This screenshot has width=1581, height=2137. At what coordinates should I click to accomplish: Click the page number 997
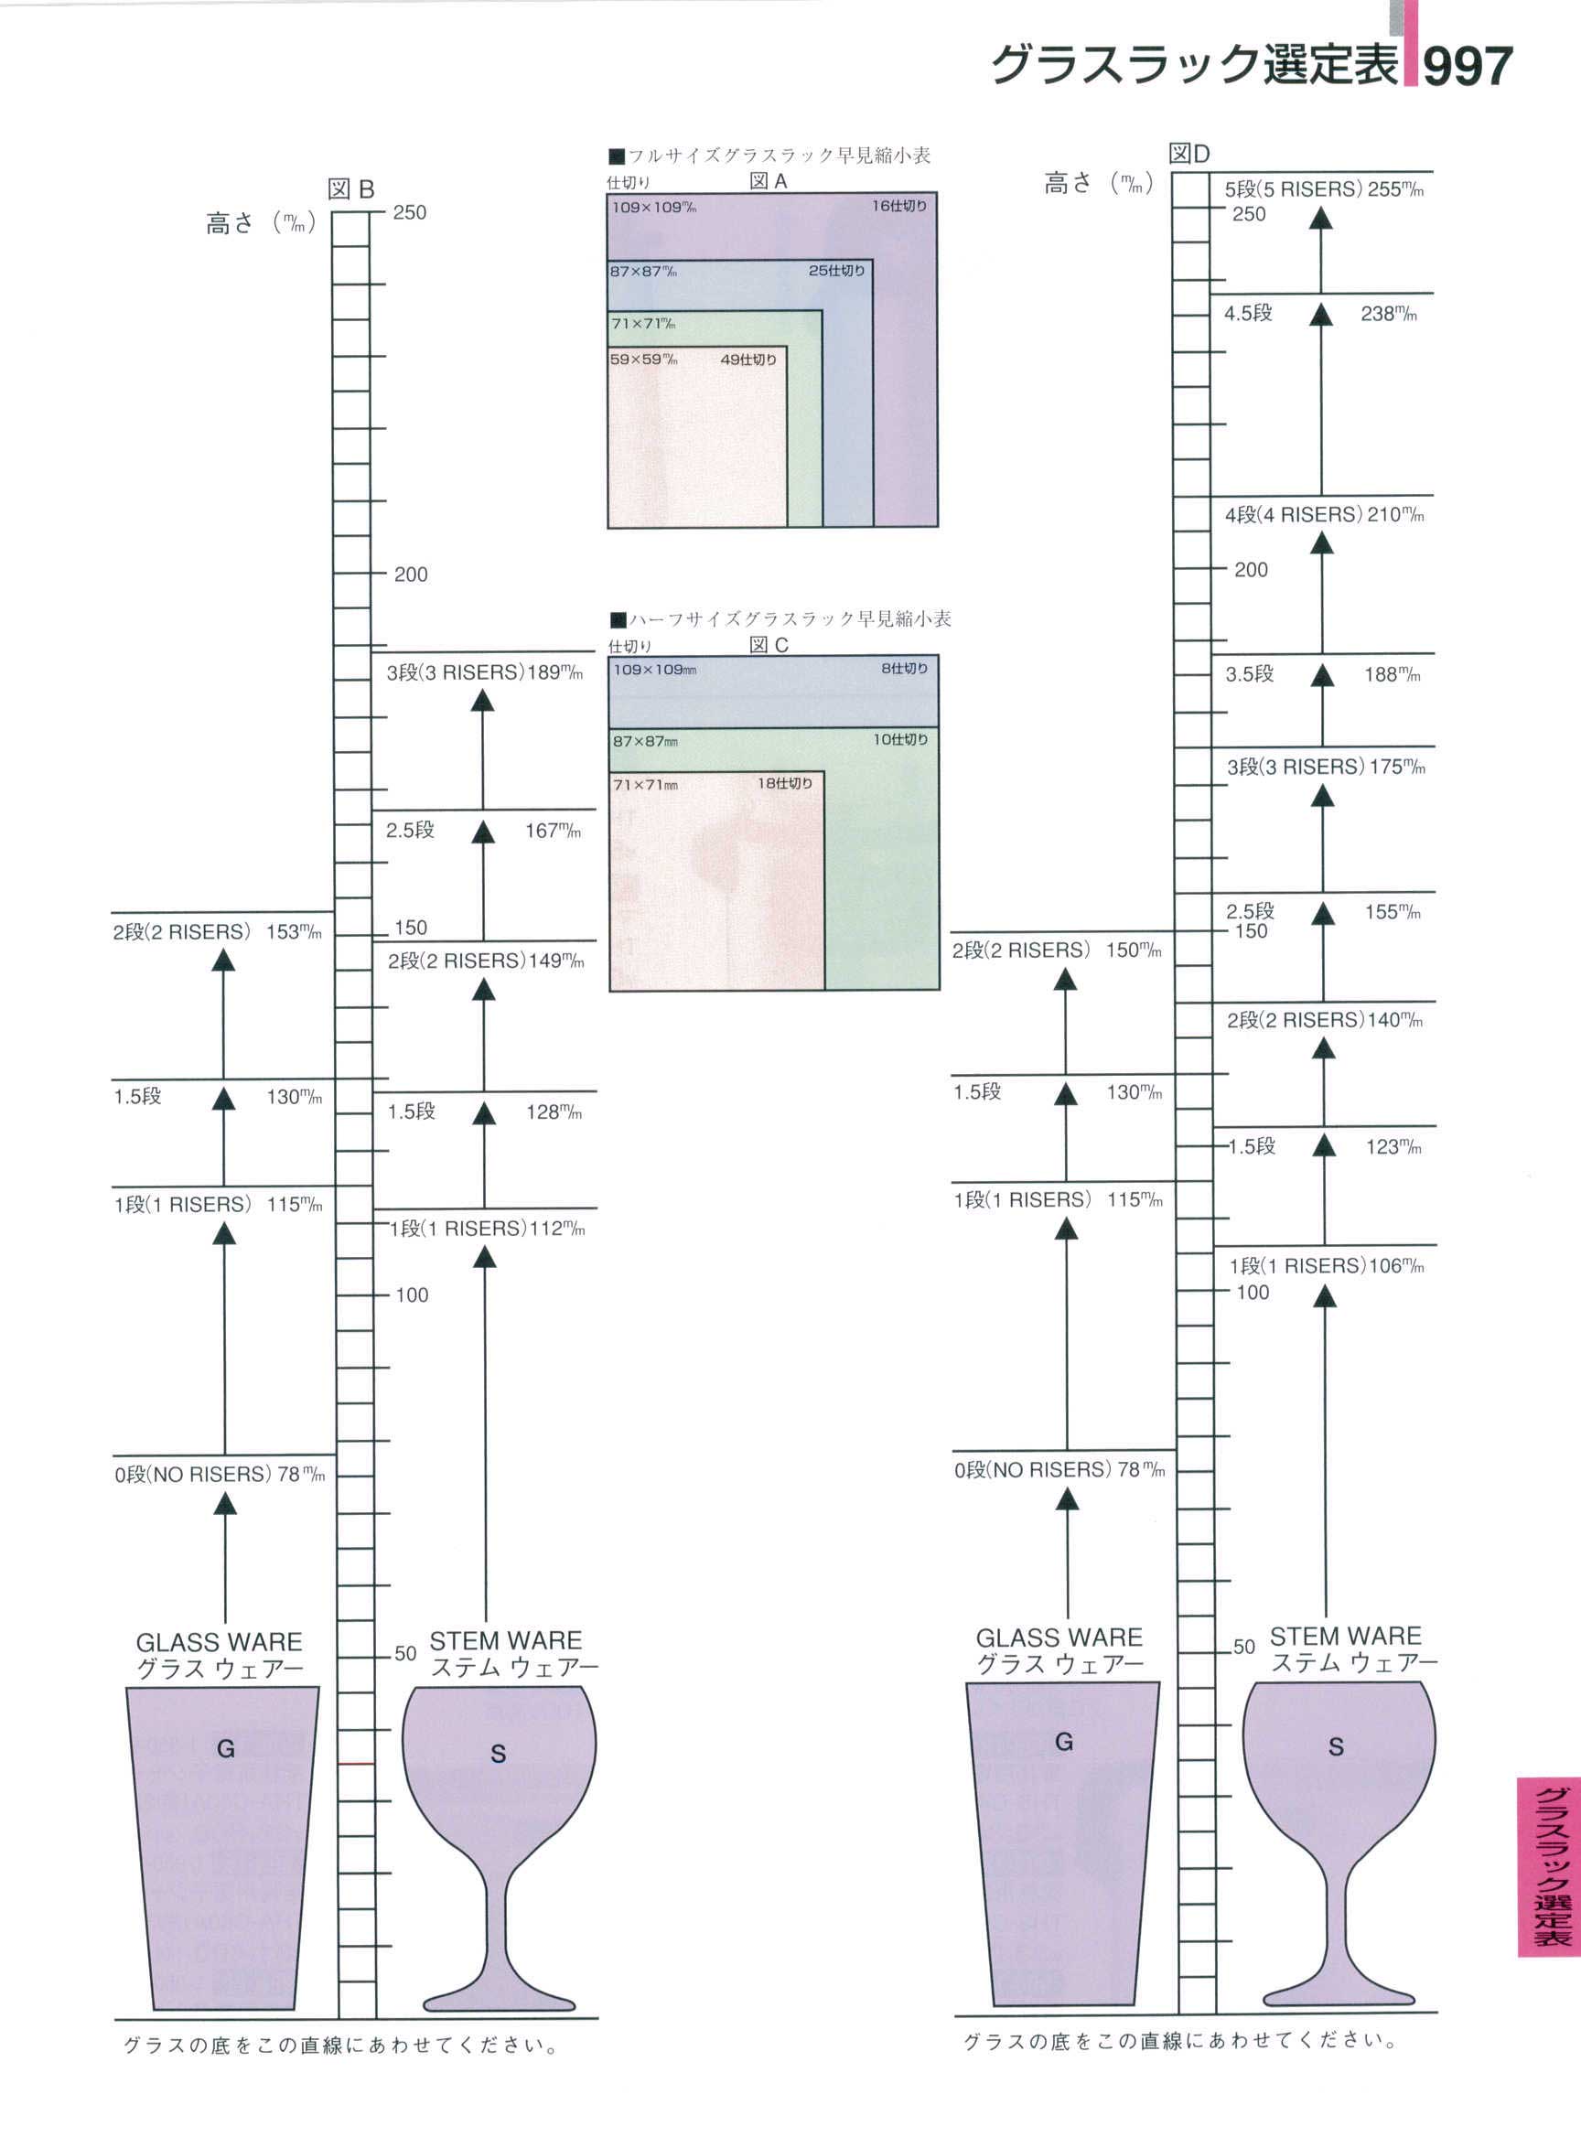click(1468, 67)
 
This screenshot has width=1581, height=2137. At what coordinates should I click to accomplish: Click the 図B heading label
click(350, 188)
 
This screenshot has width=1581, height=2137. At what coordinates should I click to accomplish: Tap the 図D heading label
click(1189, 153)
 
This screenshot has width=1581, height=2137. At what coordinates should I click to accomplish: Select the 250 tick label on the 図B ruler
click(410, 212)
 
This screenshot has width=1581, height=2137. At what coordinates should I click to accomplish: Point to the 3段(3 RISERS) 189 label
click(484, 672)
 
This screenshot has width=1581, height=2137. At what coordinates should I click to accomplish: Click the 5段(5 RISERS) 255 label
click(1325, 189)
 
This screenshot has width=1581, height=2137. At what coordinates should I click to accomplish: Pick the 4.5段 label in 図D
click(1248, 314)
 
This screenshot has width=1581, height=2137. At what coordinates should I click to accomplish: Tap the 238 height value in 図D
click(1388, 314)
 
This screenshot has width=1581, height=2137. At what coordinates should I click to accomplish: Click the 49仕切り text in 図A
click(748, 360)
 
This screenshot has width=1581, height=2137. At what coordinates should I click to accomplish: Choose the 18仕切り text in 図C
click(785, 784)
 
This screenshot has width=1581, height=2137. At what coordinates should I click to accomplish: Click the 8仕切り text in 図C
click(904, 669)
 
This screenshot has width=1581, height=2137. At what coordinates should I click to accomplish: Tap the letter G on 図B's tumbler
click(226, 1748)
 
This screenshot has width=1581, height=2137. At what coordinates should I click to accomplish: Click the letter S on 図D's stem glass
click(1336, 1746)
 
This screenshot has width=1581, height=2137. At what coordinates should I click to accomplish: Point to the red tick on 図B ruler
click(356, 1763)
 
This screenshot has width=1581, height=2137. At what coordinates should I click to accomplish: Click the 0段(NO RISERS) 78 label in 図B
click(220, 1475)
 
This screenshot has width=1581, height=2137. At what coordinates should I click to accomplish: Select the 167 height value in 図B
click(553, 831)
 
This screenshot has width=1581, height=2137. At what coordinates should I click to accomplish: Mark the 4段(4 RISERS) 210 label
click(1325, 515)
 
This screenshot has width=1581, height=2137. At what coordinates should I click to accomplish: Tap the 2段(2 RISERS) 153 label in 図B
click(217, 932)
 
